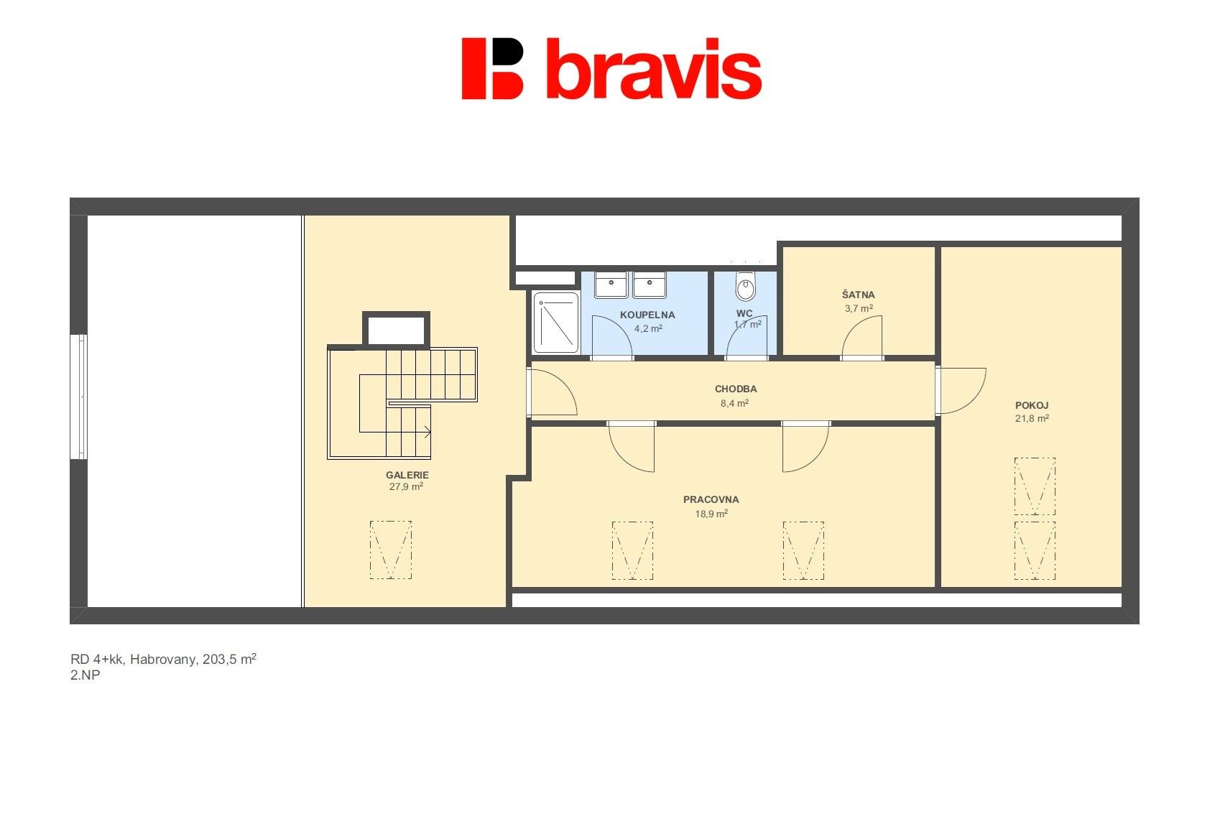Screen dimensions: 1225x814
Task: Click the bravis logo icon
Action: (492, 68)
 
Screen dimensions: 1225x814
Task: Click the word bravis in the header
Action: (654, 69)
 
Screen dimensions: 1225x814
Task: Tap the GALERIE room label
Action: (407, 475)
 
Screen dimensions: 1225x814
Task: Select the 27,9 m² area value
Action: (406, 486)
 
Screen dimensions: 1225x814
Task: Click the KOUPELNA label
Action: (647, 315)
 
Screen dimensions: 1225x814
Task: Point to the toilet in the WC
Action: (745, 285)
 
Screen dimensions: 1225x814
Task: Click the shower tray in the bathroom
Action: (556, 323)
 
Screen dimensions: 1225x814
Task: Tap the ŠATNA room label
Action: (859, 295)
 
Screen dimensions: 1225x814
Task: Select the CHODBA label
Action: (736, 389)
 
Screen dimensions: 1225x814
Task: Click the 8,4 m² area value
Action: (734, 404)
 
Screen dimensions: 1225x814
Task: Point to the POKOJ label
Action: (1032, 406)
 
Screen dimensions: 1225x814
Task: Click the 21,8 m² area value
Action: (1032, 419)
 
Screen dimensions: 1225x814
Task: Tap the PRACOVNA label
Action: (711, 499)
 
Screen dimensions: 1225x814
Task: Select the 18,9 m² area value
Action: (711, 514)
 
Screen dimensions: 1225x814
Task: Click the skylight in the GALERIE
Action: (390, 550)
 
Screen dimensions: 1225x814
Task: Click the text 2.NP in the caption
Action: (85, 675)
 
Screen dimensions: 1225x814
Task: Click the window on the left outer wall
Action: (79, 397)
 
